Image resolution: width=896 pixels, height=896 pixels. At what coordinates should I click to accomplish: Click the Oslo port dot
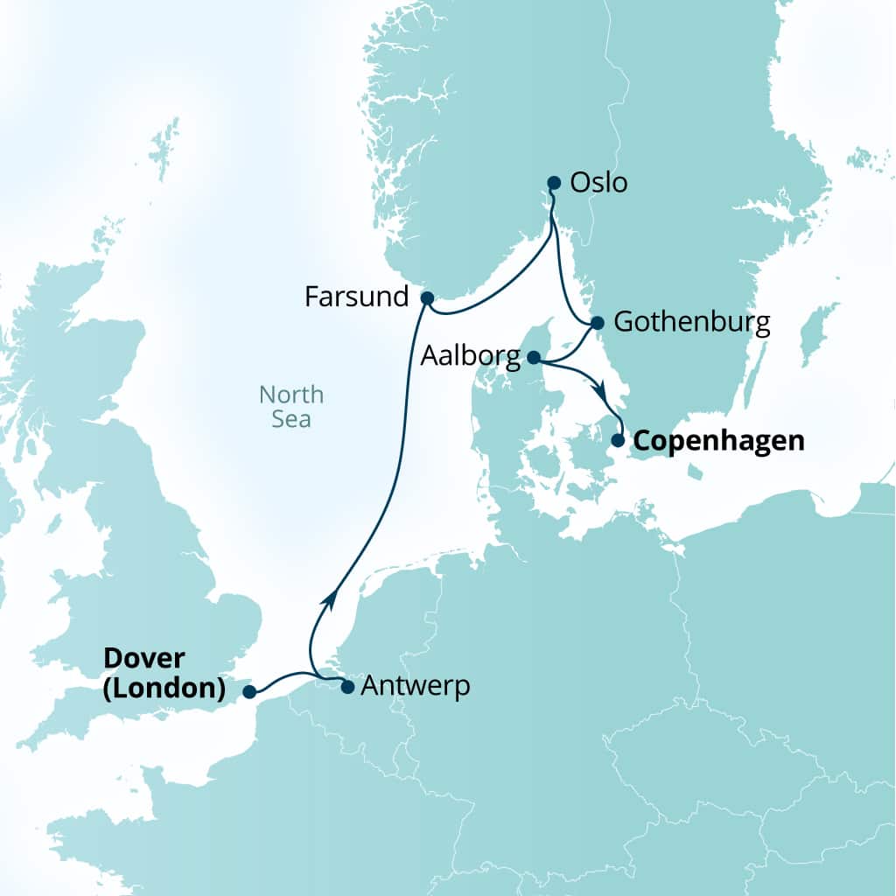click(x=553, y=183)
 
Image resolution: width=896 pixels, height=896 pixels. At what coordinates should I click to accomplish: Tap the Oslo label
click(x=598, y=184)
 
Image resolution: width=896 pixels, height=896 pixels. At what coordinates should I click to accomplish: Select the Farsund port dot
click(x=427, y=297)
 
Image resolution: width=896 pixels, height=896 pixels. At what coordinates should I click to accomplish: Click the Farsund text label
click(x=356, y=297)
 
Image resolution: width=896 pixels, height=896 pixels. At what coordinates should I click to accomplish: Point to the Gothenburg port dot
click(x=597, y=323)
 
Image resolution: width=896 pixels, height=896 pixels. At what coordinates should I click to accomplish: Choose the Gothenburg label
click(x=691, y=322)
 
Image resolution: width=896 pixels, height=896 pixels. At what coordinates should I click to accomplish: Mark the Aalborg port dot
click(x=534, y=357)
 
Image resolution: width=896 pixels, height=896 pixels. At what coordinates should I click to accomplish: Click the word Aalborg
click(x=471, y=356)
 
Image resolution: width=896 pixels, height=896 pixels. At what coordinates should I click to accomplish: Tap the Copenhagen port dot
click(x=618, y=440)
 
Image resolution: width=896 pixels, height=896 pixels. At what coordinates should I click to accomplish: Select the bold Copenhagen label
click(x=717, y=440)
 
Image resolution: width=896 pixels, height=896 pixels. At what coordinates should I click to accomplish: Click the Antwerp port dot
click(x=346, y=687)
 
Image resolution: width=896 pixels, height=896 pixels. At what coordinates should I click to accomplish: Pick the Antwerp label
click(x=415, y=686)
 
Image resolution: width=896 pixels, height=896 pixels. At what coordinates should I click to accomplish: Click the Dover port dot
click(x=249, y=692)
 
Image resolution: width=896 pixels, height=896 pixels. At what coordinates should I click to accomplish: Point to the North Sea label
click(x=290, y=407)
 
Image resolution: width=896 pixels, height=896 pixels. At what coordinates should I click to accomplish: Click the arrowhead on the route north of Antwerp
click(x=329, y=598)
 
